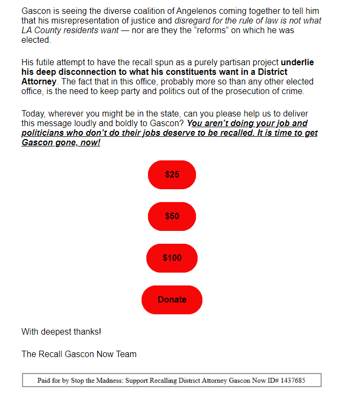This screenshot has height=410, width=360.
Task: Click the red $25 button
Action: click(172, 175)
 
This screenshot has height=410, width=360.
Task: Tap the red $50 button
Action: click(172, 216)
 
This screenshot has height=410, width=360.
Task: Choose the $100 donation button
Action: click(172, 258)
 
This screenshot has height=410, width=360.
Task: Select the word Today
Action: click(33, 114)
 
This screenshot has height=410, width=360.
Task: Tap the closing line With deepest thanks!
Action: click(61, 332)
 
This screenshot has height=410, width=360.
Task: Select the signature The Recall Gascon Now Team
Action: click(79, 354)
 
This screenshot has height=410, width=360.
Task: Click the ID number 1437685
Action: click(292, 381)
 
